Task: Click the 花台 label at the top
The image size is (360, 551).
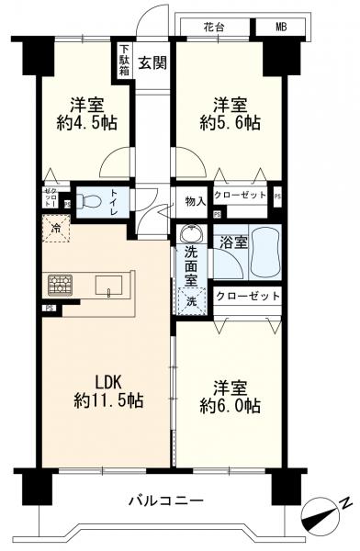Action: pos(213,27)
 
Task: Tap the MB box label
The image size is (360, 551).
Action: pos(280,27)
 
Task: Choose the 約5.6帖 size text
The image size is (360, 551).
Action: pos(227,122)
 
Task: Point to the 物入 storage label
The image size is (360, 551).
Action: pos(195,198)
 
